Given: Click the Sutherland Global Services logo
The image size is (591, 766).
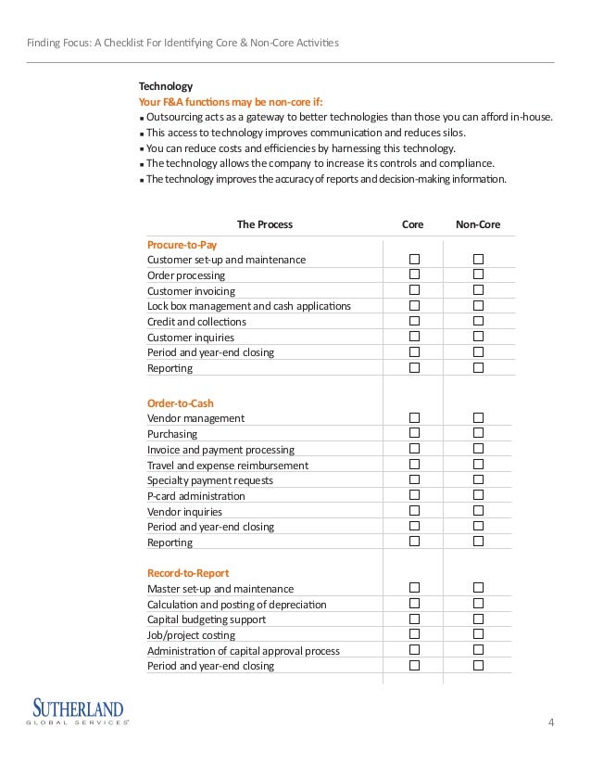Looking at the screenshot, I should (80, 711).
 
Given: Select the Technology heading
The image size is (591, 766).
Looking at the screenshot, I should (166, 86).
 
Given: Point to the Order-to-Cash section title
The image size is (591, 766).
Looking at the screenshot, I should (181, 402).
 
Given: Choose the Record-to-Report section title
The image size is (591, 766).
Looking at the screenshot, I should (188, 573).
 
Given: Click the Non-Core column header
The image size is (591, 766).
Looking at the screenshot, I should (478, 224).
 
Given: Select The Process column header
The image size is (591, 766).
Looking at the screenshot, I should (265, 224).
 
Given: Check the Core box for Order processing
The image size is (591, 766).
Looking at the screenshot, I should (415, 275).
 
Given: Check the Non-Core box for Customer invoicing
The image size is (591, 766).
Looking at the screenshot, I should (479, 290).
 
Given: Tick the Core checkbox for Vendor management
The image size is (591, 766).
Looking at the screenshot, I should (415, 418).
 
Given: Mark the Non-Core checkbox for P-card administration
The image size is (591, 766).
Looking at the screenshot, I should (479, 495).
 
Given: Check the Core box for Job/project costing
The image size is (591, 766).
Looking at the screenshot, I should (415, 635).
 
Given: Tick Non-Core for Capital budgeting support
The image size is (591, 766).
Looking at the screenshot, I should (479, 619).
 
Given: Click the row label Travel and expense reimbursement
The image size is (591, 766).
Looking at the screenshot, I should (228, 466).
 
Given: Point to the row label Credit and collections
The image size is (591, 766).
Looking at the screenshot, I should (196, 322).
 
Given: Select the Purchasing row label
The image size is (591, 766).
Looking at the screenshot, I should (172, 434).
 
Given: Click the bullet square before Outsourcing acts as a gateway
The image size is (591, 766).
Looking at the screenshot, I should (141, 118).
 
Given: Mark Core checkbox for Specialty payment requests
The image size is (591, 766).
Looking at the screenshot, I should (415, 480).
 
